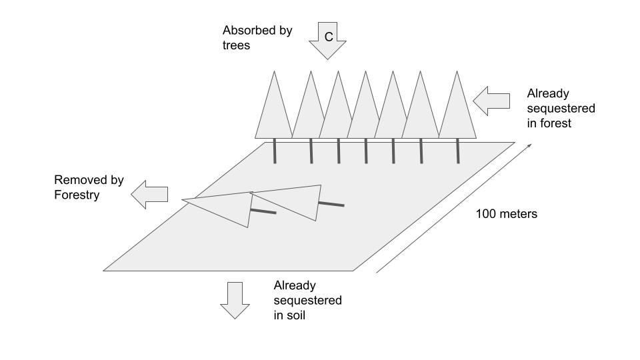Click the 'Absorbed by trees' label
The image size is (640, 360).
(257, 38)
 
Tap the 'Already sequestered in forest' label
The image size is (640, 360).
(561, 108)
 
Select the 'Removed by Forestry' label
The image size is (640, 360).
(89, 187)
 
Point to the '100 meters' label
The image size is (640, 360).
(507, 214)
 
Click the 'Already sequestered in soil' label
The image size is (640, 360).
(307, 300)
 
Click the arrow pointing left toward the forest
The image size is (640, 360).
(491, 100)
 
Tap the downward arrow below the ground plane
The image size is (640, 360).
(235, 300)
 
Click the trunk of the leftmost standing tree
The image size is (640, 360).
(274, 151)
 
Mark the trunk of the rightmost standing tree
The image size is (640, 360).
(458, 151)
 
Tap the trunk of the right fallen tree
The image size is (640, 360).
(331, 203)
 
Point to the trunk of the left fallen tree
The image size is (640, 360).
(263, 211)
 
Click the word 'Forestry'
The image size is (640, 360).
(77, 195)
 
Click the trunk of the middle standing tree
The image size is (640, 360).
(366, 151)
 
